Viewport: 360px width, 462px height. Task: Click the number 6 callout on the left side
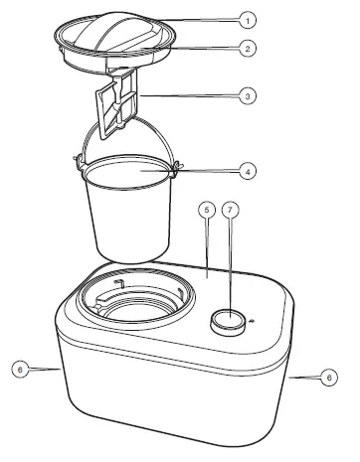(x=18, y=369)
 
